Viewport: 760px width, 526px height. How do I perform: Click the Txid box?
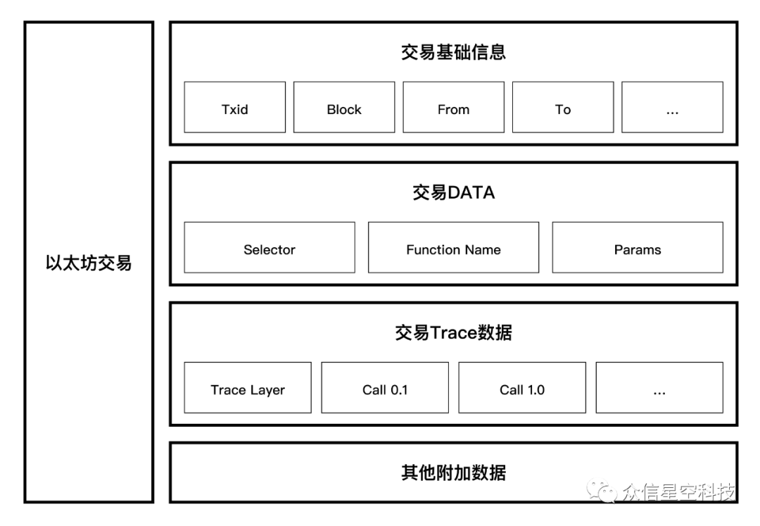[234, 107]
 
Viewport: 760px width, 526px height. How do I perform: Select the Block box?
[344, 107]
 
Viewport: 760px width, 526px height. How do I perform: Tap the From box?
[454, 107]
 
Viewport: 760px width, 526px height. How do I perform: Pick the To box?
[563, 107]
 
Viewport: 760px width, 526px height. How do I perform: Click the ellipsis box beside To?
[672, 107]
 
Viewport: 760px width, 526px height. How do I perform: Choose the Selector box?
[270, 247]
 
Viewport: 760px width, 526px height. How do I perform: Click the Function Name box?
[454, 247]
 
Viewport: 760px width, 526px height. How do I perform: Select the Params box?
[638, 247]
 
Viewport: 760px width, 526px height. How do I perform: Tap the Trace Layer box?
[248, 387]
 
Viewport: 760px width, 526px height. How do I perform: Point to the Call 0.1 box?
[385, 387]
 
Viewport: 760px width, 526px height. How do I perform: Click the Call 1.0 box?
[522, 387]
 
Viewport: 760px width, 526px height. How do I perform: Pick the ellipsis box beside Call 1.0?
[659, 387]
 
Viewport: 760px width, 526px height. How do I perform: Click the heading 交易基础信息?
[454, 52]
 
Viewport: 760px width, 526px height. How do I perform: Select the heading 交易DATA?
[454, 192]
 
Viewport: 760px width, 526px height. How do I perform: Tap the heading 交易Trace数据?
[454, 332]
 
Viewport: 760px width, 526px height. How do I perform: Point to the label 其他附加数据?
[454, 472]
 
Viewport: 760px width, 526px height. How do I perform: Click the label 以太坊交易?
[89, 263]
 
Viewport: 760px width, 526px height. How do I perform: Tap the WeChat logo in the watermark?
[602, 491]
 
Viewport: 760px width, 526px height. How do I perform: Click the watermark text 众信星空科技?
[679, 492]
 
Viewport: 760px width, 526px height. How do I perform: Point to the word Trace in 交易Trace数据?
[454, 333]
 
